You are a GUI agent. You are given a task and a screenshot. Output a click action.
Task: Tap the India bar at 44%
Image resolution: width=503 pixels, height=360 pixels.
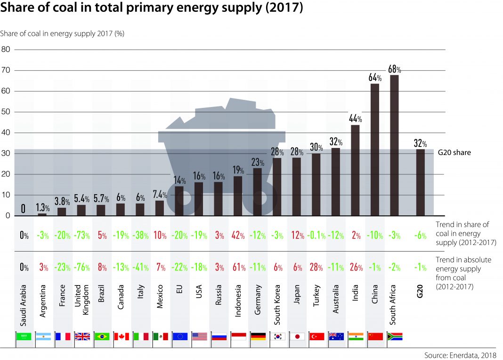(355, 170)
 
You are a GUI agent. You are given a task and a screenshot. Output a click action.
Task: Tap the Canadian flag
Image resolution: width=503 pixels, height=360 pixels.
(121, 336)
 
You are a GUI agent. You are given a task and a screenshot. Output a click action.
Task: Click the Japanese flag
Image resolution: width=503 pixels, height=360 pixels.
(297, 336)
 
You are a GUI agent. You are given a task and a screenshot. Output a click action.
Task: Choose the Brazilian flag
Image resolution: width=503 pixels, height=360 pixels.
(101, 336)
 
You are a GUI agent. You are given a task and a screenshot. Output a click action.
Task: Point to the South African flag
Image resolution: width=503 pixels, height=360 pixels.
(395, 336)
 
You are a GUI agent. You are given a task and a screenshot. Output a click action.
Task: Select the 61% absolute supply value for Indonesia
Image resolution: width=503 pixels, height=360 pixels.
(238, 268)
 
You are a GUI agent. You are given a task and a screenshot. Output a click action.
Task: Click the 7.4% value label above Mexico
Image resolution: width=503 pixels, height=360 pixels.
(160, 195)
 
